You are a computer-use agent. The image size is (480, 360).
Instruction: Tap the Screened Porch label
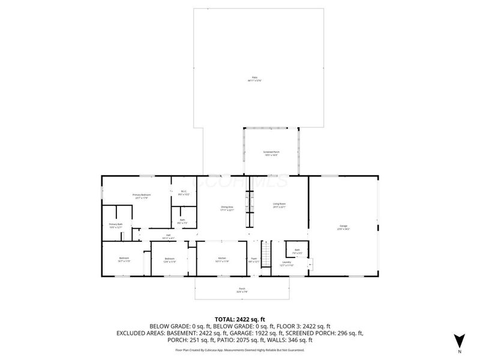tap(272, 153)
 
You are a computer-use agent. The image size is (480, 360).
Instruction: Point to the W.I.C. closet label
tap(185, 193)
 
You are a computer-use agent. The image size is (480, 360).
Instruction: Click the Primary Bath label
tap(115, 226)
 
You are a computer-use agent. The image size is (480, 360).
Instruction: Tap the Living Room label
tap(279, 205)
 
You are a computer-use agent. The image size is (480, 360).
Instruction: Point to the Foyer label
tap(254, 260)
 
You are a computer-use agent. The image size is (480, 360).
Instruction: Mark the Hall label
tap(169, 236)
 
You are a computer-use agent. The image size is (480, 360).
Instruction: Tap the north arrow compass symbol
tap(459, 340)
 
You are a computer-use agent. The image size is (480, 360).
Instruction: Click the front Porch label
tap(242, 289)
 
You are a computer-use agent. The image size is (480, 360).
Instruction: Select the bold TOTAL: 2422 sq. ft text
tap(240, 319)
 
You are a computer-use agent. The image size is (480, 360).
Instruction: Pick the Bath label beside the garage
tap(296, 250)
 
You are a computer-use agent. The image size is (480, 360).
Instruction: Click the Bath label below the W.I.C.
tap(182, 220)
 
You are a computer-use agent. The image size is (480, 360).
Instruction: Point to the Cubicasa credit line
tap(240, 350)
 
